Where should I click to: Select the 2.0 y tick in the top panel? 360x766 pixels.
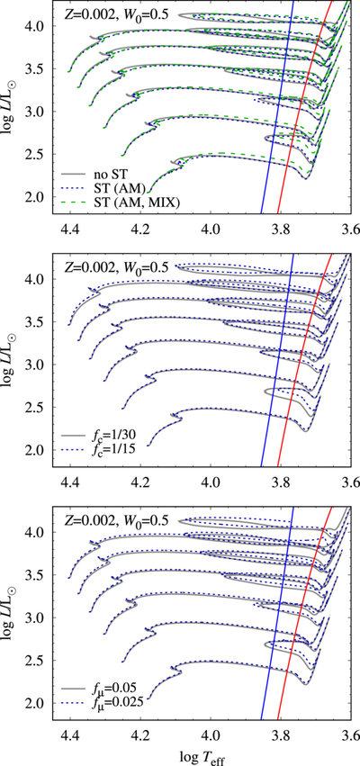coord(37,197)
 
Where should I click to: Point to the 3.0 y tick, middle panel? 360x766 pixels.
coord(37,365)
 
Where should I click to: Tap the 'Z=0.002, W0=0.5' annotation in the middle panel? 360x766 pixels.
coord(117,267)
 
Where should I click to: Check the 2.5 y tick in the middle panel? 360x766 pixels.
coord(37,407)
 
